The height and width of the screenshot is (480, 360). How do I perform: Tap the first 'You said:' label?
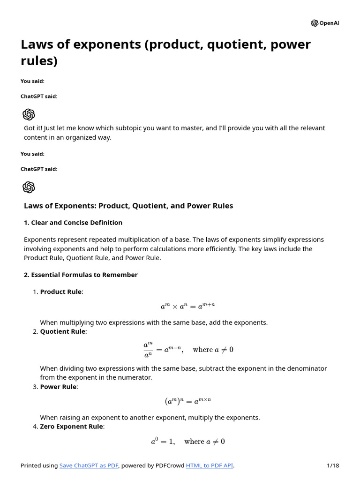click(32, 81)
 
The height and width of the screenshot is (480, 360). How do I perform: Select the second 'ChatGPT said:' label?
click(39, 169)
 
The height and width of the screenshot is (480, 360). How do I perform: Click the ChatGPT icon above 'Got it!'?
click(29, 114)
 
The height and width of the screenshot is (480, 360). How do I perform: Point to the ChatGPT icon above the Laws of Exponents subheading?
click(29, 187)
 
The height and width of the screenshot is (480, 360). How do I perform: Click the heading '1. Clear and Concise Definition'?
click(73, 223)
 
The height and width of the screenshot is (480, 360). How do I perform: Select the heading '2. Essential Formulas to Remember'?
click(81, 275)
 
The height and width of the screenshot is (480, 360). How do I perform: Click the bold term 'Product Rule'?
click(60, 292)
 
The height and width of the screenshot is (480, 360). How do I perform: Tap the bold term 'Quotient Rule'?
click(62, 331)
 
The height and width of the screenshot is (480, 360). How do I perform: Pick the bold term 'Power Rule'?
click(58, 387)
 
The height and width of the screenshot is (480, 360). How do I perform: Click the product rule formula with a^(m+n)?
click(187, 306)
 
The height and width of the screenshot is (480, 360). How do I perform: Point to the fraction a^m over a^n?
click(148, 350)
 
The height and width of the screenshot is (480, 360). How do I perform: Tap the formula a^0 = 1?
click(163, 442)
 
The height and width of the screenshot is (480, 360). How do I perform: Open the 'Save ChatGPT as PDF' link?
click(89, 465)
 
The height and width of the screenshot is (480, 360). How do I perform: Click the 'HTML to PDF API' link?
click(209, 465)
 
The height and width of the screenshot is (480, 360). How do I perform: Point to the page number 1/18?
click(332, 465)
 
